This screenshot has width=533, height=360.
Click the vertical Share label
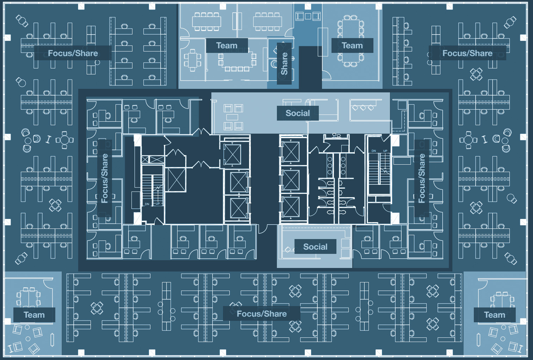coord(284,63)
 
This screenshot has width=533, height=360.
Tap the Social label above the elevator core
coord(298,113)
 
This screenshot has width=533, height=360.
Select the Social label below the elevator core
coord(315,247)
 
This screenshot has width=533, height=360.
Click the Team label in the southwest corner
coord(34,315)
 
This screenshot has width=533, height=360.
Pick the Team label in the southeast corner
coord(495,315)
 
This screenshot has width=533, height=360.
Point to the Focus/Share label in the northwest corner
coord(73,53)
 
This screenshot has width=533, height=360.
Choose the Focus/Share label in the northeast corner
coord(467,53)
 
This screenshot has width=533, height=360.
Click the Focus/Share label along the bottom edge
coord(262,313)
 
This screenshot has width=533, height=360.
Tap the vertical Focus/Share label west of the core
coord(105,178)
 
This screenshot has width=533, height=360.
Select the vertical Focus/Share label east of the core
coord(422,178)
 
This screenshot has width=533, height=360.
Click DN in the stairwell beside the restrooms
coord(374,151)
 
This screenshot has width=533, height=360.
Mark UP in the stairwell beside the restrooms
coord(385,151)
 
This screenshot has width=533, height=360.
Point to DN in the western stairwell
coord(147,204)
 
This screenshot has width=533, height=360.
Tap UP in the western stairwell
coord(158,203)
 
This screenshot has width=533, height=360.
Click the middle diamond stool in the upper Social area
coord(363,108)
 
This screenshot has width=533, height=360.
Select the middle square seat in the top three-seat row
coord(308,16)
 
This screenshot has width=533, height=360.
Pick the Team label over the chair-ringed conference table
coord(352,45)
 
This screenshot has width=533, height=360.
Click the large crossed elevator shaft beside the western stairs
coord(176,180)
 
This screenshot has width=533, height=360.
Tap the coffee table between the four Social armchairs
coord(232,117)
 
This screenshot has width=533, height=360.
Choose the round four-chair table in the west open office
coord(64,140)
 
